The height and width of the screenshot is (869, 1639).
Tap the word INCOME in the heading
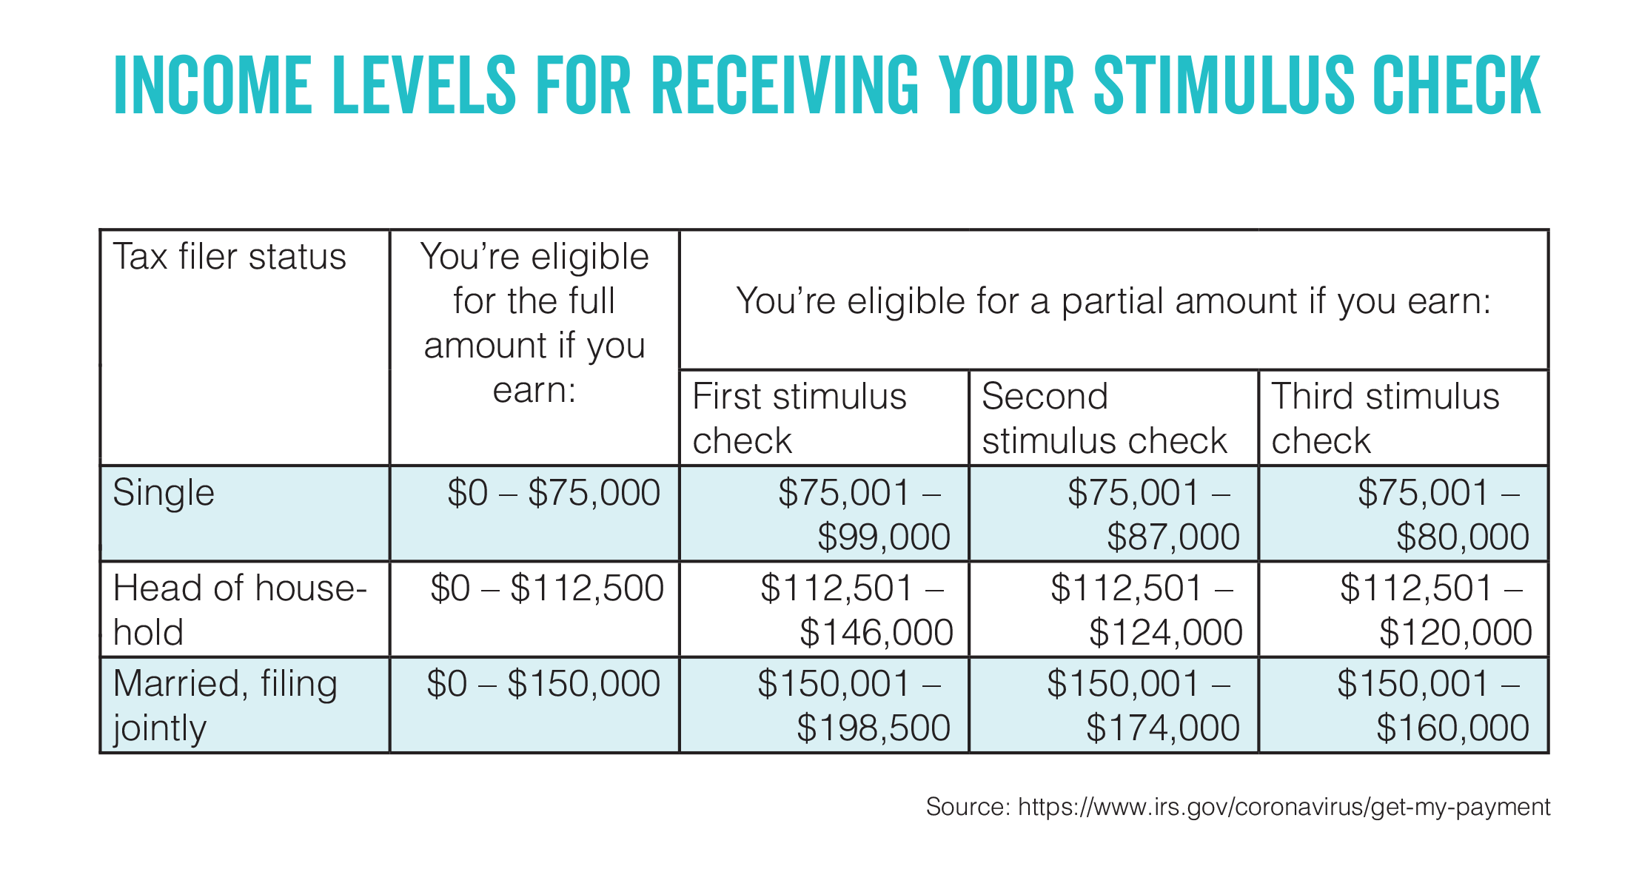pyautogui.click(x=212, y=86)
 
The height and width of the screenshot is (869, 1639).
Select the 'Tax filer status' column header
pyautogui.click(x=229, y=257)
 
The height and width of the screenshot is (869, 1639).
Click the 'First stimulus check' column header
pyautogui.click(x=800, y=418)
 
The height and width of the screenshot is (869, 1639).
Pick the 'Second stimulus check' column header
pyautogui.click(x=1104, y=418)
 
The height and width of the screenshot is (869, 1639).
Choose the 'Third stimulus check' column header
pyautogui.click(x=1385, y=418)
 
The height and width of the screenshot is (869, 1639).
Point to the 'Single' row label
pyautogui.click(x=164, y=493)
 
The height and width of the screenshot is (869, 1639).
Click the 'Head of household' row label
pyautogui.click(x=239, y=610)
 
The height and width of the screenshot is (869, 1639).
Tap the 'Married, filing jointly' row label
pyautogui.click(x=225, y=705)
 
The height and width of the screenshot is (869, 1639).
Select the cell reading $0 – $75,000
pyautogui.click(x=554, y=493)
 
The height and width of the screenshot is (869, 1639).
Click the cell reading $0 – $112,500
pyautogui.click(x=547, y=588)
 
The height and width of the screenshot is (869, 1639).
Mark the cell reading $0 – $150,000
pyautogui.click(x=543, y=684)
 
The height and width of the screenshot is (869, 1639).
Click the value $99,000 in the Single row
pyautogui.click(x=883, y=537)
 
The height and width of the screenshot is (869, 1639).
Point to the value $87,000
pyautogui.click(x=1173, y=537)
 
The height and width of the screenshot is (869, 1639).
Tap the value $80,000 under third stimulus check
pyautogui.click(x=1462, y=537)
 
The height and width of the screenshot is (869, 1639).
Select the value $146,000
pyautogui.click(x=877, y=632)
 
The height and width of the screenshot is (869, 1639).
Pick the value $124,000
pyautogui.click(x=1165, y=632)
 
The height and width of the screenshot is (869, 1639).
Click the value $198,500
pyautogui.click(x=874, y=728)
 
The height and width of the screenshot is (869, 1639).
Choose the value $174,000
pyautogui.click(x=1163, y=728)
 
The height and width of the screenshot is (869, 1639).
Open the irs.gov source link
pyautogui.click(x=1284, y=807)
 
